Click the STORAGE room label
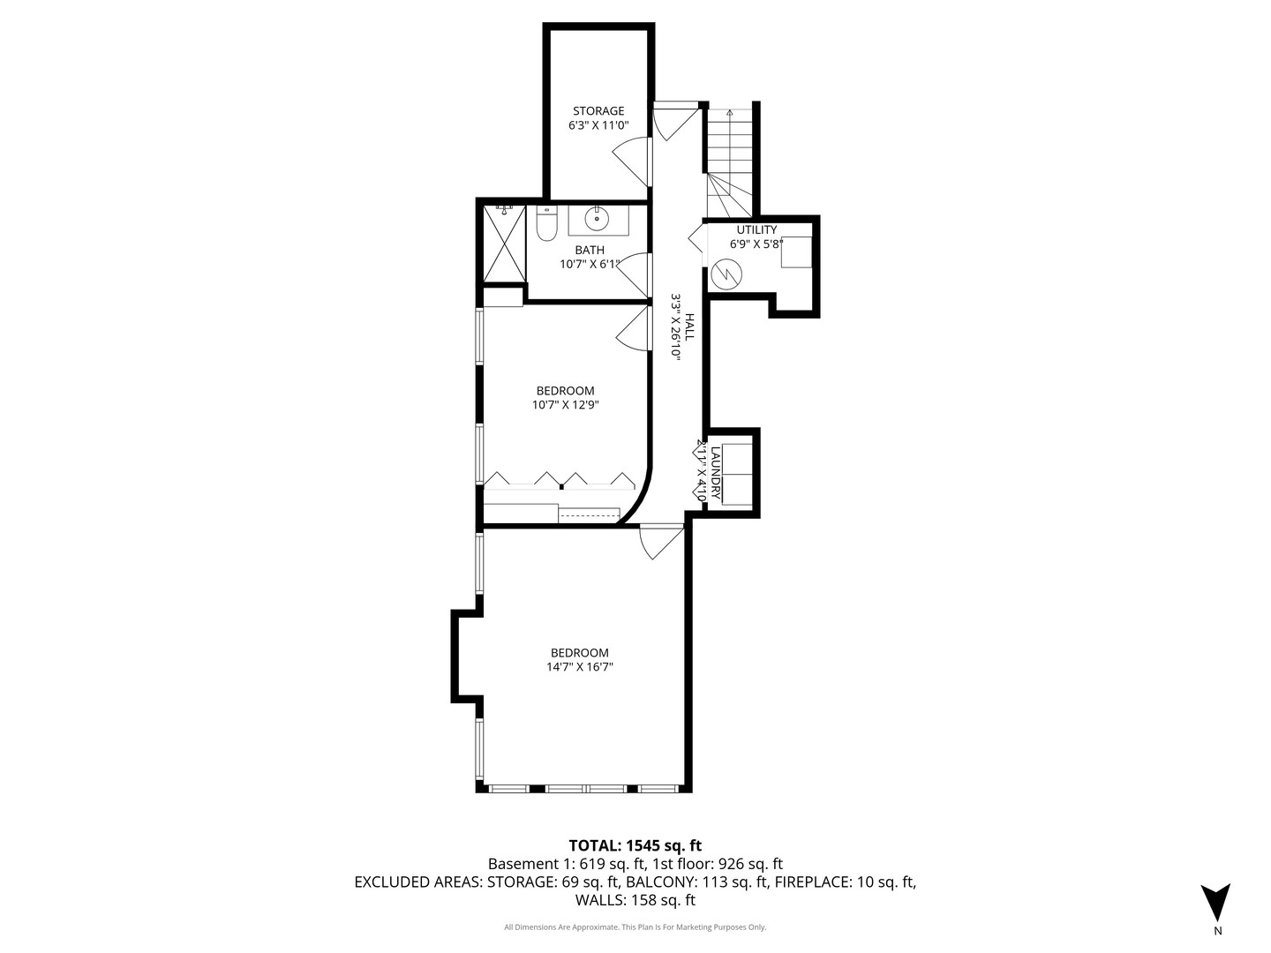[598, 111]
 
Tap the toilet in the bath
[546, 225]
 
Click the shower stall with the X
[503, 244]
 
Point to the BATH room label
[590, 250]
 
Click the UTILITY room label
[756, 230]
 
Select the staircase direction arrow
[729, 114]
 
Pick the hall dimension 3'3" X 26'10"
[676, 326]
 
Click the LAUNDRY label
[716, 474]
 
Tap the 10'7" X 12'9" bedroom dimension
[565, 405]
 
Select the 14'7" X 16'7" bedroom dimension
[579, 667]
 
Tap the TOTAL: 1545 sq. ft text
[635, 845]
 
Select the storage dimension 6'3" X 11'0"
[598, 125]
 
